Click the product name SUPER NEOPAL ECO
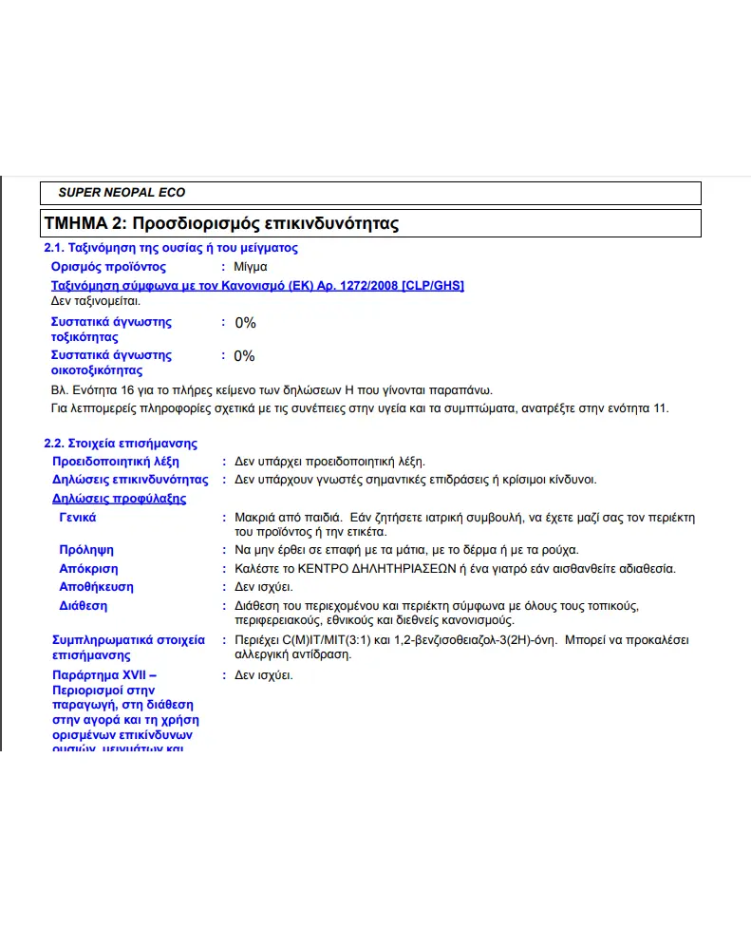click(x=122, y=193)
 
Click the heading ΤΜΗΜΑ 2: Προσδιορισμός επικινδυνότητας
click(x=221, y=224)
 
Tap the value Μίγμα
click(x=251, y=267)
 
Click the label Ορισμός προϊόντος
click(x=108, y=267)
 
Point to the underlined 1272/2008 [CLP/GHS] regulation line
click(x=257, y=285)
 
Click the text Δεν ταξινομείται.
click(x=95, y=300)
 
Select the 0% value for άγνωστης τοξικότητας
click(x=245, y=323)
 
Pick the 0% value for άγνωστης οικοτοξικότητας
click(x=245, y=356)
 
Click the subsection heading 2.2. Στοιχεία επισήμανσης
click(x=121, y=443)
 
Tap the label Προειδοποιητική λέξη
click(x=116, y=461)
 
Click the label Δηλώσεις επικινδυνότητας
click(x=130, y=480)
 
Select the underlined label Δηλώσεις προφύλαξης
click(x=119, y=499)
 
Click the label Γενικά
click(x=78, y=518)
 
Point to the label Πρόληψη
click(x=86, y=550)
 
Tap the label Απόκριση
click(x=89, y=568)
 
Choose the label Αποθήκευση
click(x=96, y=587)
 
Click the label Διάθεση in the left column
click(x=84, y=605)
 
